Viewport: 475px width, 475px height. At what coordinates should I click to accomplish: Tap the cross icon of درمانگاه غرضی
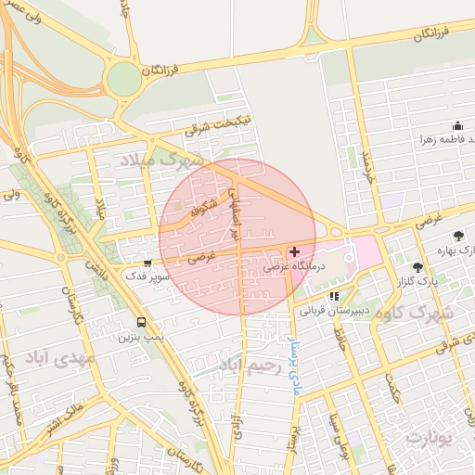pyautogui.click(x=294, y=251)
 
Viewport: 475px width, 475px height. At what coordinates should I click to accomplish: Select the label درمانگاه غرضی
pyautogui.click(x=293, y=265)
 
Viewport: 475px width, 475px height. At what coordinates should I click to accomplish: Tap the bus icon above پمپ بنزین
pyautogui.click(x=141, y=323)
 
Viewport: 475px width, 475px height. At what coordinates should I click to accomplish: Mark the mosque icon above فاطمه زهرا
pyautogui.click(x=456, y=126)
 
